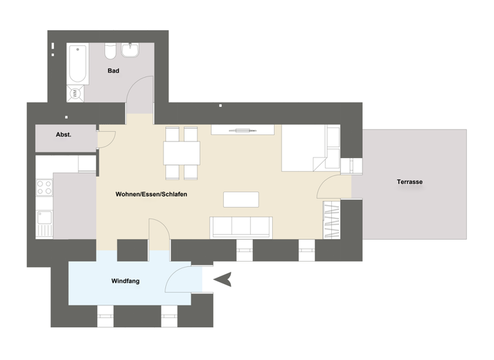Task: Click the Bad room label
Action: click(x=113, y=71)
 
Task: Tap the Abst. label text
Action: click(x=64, y=135)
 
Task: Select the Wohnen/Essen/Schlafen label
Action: click(x=151, y=194)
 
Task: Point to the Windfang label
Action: click(x=125, y=281)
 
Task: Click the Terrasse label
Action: click(x=410, y=182)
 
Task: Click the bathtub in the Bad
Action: click(x=78, y=64)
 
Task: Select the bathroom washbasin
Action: click(x=134, y=49)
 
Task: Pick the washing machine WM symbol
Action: click(x=75, y=94)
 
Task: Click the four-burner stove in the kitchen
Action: click(x=44, y=188)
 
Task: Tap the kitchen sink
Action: click(x=44, y=224)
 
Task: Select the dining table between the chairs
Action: click(x=181, y=153)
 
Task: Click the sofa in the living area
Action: click(x=241, y=228)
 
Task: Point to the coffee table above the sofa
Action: click(x=241, y=199)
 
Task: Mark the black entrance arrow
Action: click(x=223, y=280)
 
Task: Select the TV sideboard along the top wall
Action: click(x=242, y=130)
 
